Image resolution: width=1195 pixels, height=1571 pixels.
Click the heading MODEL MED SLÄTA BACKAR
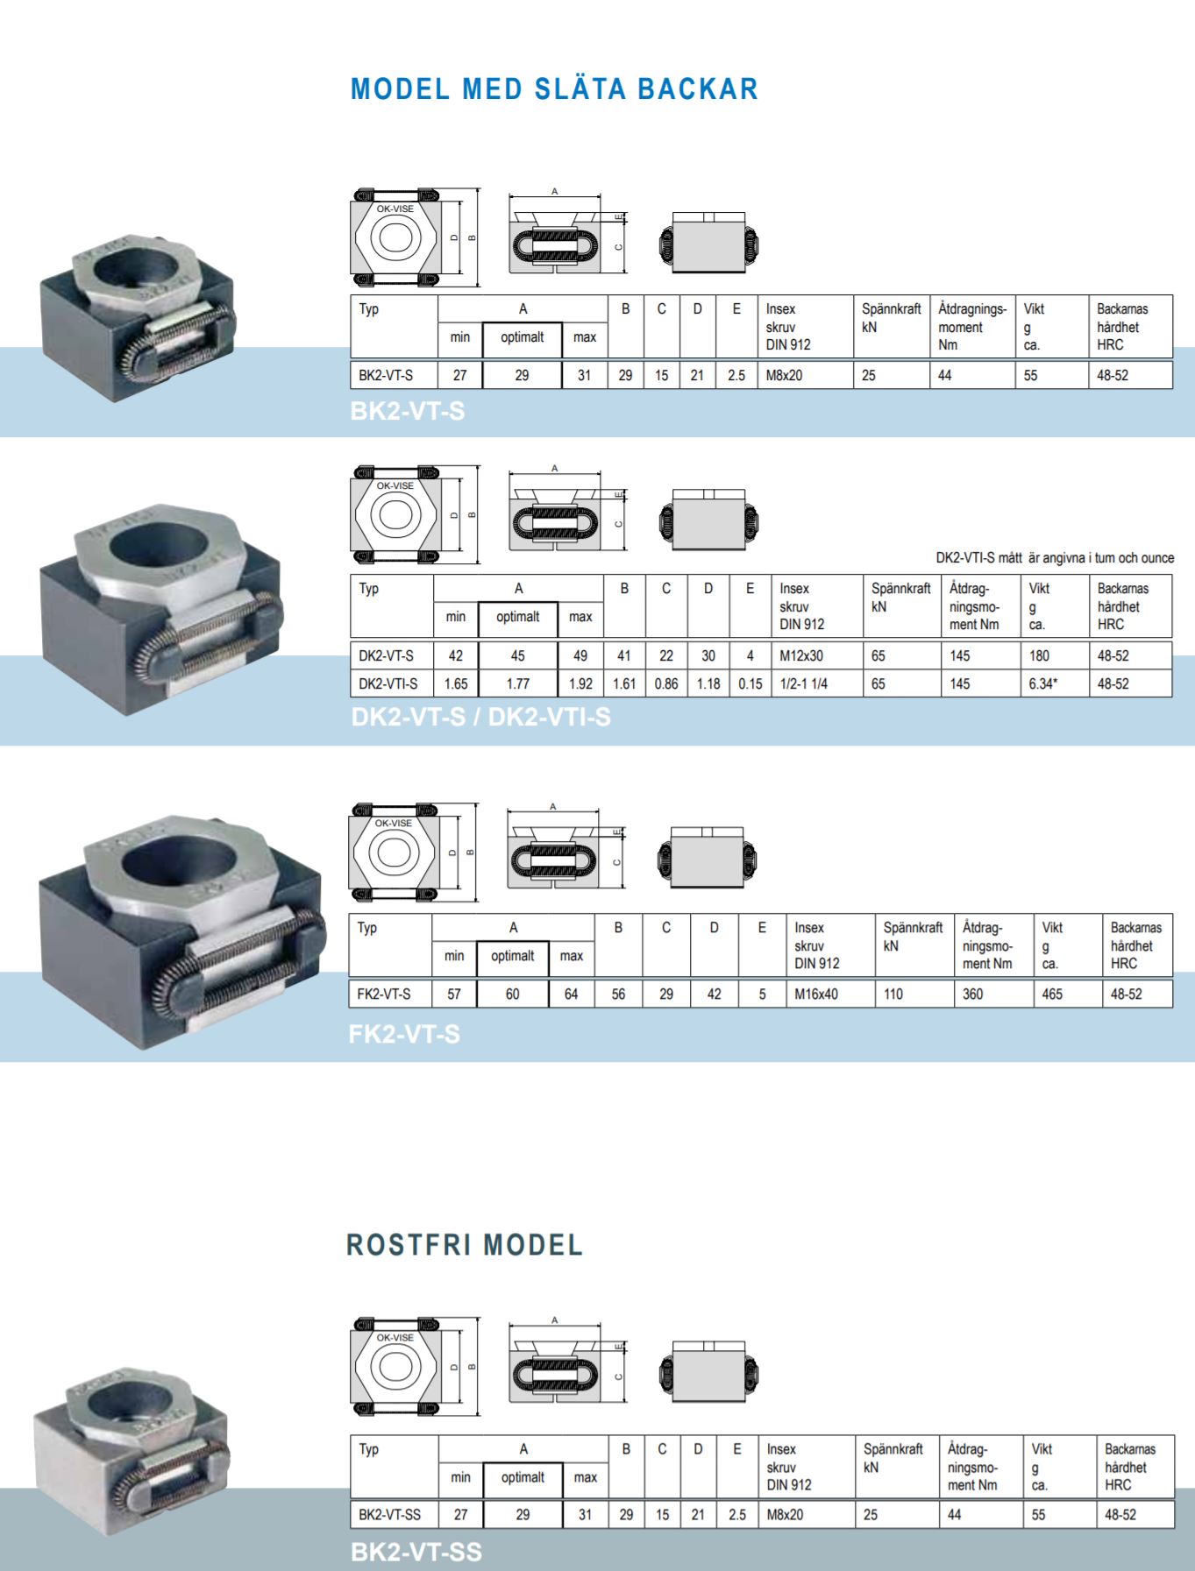[x=554, y=88]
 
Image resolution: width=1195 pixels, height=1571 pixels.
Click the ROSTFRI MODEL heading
[x=465, y=1245]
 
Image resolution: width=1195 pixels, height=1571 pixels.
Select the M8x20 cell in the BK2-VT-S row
[x=784, y=375]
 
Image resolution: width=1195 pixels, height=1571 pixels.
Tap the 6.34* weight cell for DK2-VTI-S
[x=1043, y=683]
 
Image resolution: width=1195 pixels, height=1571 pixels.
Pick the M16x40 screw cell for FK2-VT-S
[x=816, y=994]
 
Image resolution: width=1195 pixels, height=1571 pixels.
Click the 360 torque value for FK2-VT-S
[x=973, y=994]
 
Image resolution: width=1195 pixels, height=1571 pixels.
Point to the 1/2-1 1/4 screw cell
[x=804, y=683]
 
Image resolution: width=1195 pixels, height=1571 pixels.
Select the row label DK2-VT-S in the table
[x=386, y=655]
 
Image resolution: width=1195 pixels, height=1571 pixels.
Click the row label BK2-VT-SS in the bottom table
[x=389, y=1514]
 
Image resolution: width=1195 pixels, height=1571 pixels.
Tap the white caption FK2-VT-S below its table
[x=404, y=1034]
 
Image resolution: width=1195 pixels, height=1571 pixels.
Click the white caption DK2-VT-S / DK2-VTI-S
[x=480, y=717]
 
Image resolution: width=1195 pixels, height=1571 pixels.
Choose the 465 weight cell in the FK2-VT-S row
[x=1052, y=994]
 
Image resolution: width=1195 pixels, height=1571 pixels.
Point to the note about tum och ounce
[x=1055, y=558]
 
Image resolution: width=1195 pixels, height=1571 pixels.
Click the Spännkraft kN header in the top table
[x=891, y=318]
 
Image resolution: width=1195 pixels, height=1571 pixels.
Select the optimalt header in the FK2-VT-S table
[x=512, y=956]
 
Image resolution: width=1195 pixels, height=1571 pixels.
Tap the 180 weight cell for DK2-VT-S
[x=1040, y=655]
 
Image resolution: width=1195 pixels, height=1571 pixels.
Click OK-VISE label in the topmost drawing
[x=395, y=209]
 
